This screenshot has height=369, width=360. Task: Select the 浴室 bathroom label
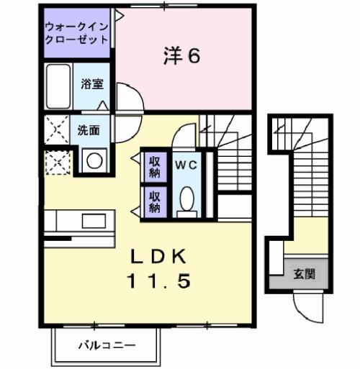tap(92, 84)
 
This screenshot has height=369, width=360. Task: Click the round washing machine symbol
tap(94, 160)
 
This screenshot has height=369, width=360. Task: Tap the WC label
tap(186, 163)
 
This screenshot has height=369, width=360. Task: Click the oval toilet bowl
tap(186, 198)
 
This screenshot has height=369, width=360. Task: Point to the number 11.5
tap(160, 281)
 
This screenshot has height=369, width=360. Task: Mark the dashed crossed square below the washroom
tap(56, 162)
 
